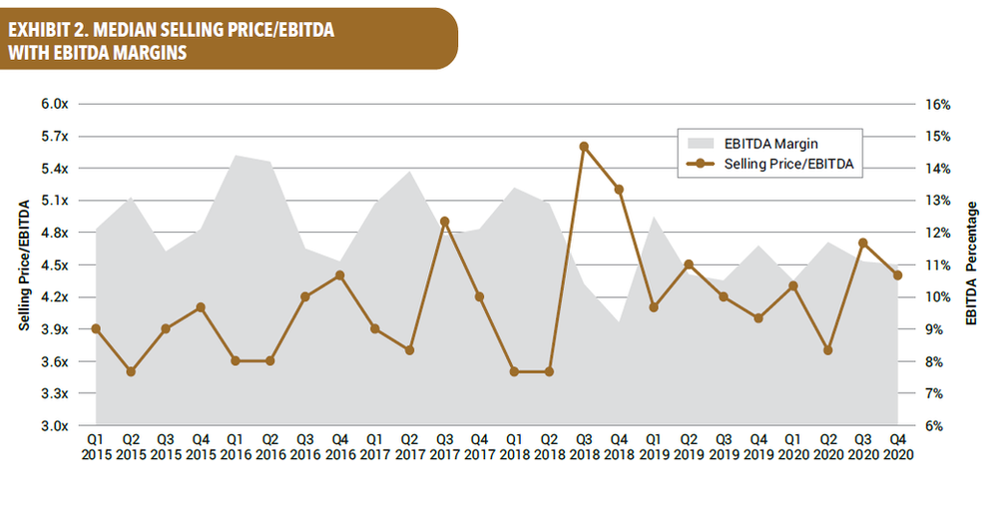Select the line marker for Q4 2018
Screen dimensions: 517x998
tap(619, 190)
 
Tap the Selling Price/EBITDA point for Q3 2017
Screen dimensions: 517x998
tap(444, 222)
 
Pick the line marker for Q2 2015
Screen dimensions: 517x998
tap(131, 371)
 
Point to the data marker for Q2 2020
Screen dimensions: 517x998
tap(827, 350)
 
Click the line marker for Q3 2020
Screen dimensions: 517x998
tap(862, 243)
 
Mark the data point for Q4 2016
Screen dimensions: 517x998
tap(339, 275)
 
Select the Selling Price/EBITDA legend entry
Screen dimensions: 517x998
tap(778, 164)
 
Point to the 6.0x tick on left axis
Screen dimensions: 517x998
tap(54, 104)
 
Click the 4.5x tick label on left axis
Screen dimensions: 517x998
tap(54, 265)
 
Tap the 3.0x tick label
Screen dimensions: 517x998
tap(54, 426)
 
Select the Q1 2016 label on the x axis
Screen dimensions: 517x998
tap(235, 445)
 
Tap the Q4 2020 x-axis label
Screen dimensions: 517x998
tap(896, 445)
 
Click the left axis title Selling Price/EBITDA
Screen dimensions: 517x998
tap(23, 264)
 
